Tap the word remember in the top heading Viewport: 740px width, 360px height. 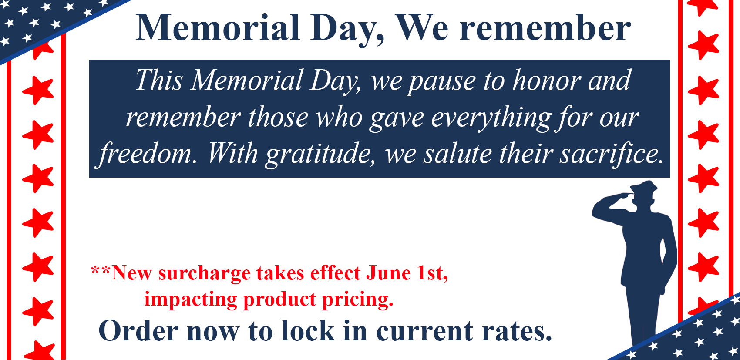click(x=545, y=28)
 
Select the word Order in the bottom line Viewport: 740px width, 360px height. click(x=138, y=331)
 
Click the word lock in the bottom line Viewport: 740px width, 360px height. click(x=308, y=330)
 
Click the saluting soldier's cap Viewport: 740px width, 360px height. click(x=643, y=188)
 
